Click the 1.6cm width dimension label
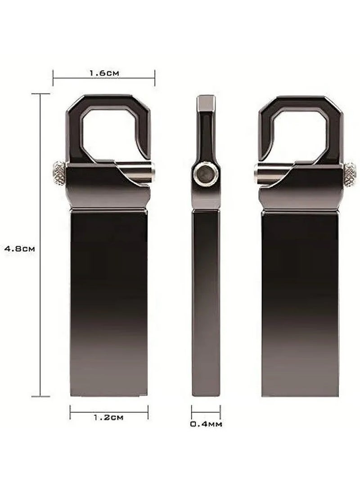tap(104, 73)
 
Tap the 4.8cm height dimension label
tap(20, 248)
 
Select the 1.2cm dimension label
tap(108, 417)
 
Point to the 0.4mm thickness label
tap(206, 423)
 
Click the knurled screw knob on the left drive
tap(58, 170)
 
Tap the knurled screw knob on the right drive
tap(350, 170)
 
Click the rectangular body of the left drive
tap(109, 301)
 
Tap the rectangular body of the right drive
tap(300, 301)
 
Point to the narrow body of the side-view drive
tap(206, 301)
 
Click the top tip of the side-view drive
tap(206, 100)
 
